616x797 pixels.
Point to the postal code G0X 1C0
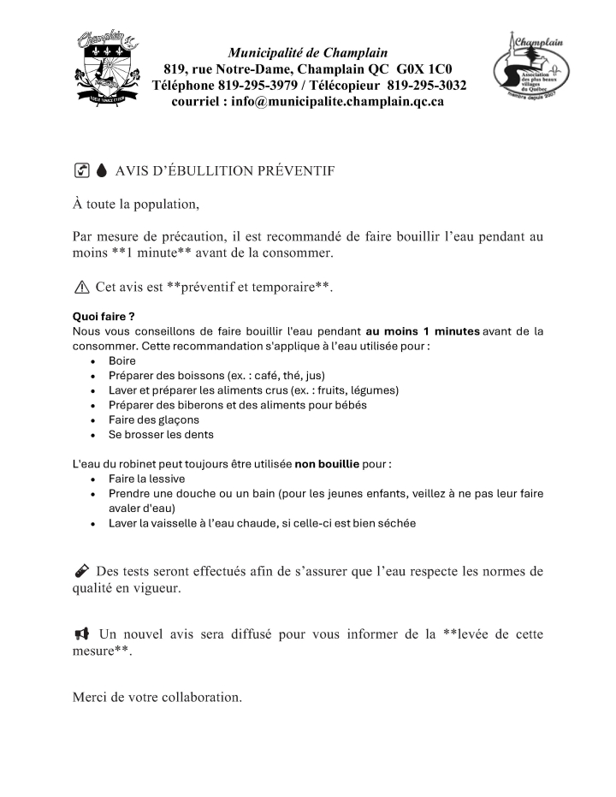(424, 69)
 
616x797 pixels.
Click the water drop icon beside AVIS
(101, 171)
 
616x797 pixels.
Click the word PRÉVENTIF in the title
(290, 171)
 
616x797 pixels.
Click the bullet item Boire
(122, 361)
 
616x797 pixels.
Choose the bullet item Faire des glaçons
(153, 419)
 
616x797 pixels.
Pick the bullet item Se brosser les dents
(161, 434)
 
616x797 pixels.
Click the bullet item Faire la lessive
(146, 479)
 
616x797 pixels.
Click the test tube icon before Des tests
(81, 571)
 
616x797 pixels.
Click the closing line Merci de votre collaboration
(157, 697)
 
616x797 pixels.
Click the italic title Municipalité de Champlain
(307, 53)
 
